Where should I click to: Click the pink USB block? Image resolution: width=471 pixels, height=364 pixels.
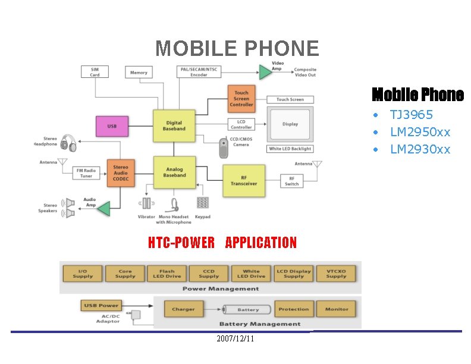pyautogui.click(x=112, y=126)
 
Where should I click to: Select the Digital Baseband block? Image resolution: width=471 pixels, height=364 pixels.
pyautogui.click(x=174, y=125)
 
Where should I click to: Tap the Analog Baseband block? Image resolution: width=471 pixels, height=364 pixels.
pyautogui.click(x=174, y=172)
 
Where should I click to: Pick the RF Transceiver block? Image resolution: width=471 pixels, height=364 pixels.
pyautogui.click(x=244, y=180)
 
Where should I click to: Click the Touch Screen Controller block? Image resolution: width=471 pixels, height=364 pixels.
pyautogui.click(x=241, y=99)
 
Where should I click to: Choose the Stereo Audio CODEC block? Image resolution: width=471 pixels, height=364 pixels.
pyautogui.click(x=120, y=172)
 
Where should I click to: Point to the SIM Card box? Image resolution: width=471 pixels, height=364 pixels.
pyautogui.click(x=95, y=72)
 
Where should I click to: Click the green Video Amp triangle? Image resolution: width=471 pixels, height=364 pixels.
pyautogui.click(x=265, y=72)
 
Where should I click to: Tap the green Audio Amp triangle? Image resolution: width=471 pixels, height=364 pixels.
pyautogui.click(x=104, y=209)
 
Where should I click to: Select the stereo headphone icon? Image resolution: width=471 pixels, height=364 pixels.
pyautogui.click(x=68, y=143)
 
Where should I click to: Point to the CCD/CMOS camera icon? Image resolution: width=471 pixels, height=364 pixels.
pyautogui.click(x=224, y=148)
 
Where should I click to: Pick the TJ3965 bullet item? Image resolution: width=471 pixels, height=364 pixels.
pyautogui.click(x=411, y=115)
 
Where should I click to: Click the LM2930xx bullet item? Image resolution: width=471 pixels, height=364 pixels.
pyautogui.click(x=420, y=149)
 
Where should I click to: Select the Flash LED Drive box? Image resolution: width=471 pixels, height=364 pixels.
pyautogui.click(x=167, y=274)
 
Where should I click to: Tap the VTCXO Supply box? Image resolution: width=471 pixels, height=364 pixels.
pyautogui.click(x=336, y=274)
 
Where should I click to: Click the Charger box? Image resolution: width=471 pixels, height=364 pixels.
pyautogui.click(x=183, y=309)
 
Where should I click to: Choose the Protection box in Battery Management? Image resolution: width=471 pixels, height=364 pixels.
pyautogui.click(x=294, y=309)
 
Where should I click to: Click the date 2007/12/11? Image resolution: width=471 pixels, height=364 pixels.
pyautogui.click(x=235, y=338)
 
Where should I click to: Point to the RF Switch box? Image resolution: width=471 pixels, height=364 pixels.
pyautogui.click(x=291, y=181)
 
